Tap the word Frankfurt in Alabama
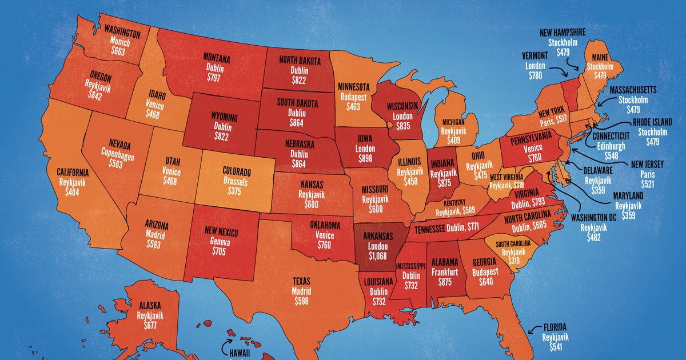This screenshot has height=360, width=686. point(444,273)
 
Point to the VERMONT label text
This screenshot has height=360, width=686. point(535,55)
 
